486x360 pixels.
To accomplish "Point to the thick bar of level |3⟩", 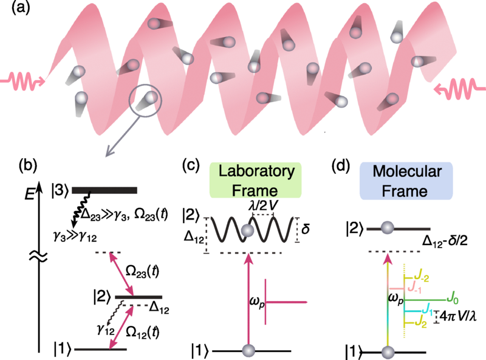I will pyautogui.click(x=104, y=190).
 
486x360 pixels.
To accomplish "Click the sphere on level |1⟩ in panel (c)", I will pyautogui.click(x=247, y=350).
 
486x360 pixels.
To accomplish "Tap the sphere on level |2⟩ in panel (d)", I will pyautogui.click(x=387, y=228).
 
